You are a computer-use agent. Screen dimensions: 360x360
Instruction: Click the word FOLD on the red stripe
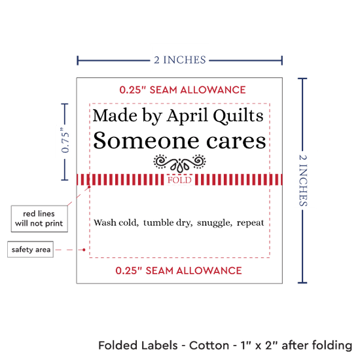coord(179,180)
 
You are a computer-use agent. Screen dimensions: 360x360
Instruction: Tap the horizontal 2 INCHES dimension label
coord(180,60)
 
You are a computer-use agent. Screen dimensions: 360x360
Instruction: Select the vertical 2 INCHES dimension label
coord(303,180)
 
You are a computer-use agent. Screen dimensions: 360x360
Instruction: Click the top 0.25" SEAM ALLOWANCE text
coord(183,90)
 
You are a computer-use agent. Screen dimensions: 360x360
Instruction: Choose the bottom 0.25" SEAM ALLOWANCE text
coord(179,270)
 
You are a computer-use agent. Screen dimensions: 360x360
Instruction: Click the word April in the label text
coord(187,116)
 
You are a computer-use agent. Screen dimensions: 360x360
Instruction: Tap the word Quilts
coord(238,116)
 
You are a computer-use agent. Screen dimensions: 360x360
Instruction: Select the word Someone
coord(146,141)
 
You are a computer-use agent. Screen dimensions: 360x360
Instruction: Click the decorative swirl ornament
coord(179,163)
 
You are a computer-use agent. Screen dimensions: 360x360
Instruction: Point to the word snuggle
coord(215,223)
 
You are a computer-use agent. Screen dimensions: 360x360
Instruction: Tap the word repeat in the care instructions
coord(250,223)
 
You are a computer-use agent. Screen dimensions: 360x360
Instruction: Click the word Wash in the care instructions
coord(105,223)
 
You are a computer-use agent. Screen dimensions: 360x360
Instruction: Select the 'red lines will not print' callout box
coord(39,219)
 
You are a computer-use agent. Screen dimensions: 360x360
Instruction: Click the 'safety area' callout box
coord(30,249)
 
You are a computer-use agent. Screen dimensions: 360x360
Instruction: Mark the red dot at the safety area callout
coord(84,250)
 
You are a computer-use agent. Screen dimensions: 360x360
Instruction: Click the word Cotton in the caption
coord(209,346)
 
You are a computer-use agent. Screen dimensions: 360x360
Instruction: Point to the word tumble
coord(158,223)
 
